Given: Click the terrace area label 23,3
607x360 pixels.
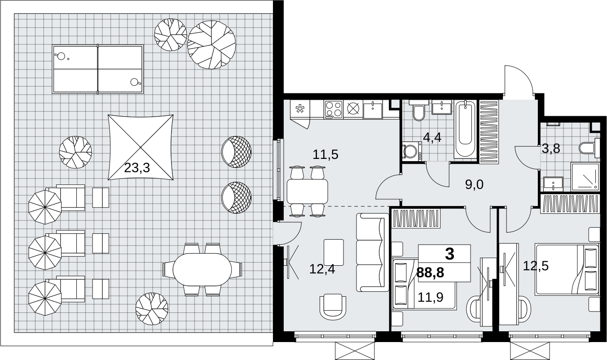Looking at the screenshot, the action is tap(137, 168).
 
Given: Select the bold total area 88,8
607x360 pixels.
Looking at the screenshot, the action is tap(430, 272).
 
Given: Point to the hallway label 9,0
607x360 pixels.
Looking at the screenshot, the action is tap(474, 184).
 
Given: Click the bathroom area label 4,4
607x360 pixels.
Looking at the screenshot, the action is tap(432, 138).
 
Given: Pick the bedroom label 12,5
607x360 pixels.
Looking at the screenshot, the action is tap(536, 266).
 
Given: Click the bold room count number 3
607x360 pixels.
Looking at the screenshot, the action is tap(449, 254).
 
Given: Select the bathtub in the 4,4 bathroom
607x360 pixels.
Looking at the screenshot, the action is tap(465, 129).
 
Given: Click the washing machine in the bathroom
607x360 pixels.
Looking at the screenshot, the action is tap(412, 152).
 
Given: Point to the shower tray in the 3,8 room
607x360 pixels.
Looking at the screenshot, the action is tap(585, 176).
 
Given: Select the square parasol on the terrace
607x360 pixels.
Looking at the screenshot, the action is tap(141, 147).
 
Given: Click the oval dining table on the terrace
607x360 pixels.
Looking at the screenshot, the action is tap(202, 269).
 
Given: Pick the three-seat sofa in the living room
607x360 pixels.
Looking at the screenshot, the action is tap(373, 252).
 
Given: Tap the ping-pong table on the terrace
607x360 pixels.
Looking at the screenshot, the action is tap(98, 69).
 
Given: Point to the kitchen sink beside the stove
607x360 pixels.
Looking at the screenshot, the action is tap(373, 110).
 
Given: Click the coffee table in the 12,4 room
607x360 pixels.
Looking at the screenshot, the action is tap(334, 252).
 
